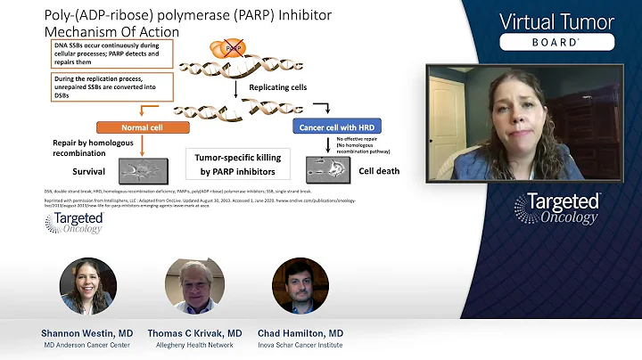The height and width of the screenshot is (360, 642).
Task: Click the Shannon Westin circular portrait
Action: (87, 286)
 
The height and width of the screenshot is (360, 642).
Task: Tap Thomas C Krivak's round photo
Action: (193, 286)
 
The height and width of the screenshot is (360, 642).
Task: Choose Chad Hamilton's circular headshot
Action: (300, 286)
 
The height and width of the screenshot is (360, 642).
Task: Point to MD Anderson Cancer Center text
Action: (87, 345)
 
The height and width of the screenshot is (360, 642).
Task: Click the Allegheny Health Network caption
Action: (193, 345)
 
